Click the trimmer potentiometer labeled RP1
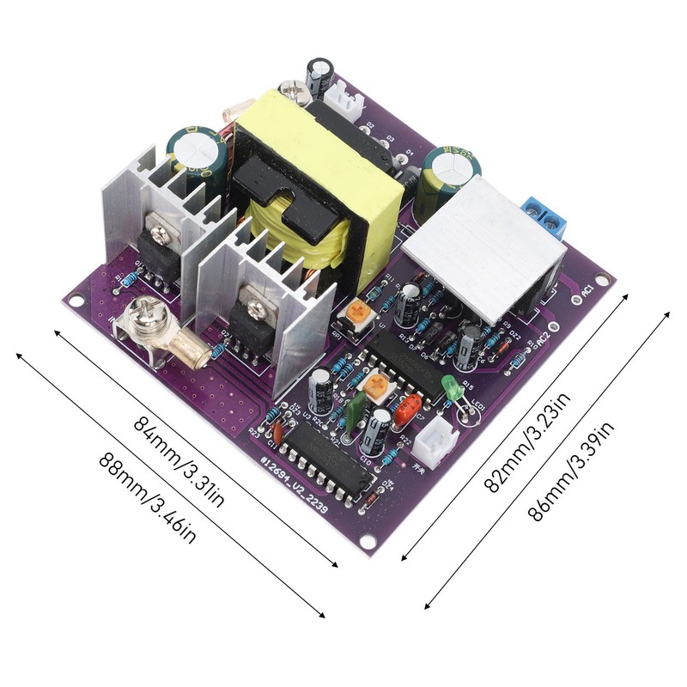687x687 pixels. [x=356, y=314]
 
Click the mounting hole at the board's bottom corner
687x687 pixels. [x=369, y=542]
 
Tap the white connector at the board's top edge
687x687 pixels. [x=347, y=100]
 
